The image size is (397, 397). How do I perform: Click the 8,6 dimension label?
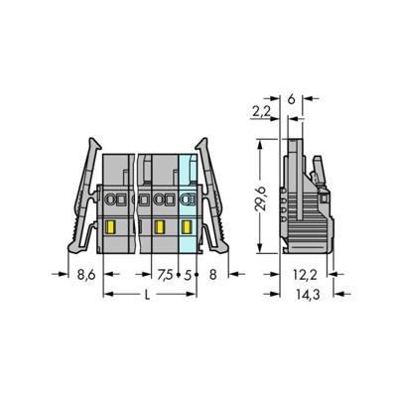86,275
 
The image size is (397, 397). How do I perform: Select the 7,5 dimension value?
165,275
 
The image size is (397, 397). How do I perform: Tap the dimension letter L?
148,295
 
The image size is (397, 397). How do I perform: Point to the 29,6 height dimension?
261,198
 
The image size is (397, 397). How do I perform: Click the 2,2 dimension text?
262,112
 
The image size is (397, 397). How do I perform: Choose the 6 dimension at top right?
291,99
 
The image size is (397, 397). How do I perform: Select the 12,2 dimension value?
305,275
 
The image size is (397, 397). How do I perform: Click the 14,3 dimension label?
308,295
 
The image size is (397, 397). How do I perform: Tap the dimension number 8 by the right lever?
213,275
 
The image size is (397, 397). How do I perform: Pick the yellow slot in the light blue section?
188,227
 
